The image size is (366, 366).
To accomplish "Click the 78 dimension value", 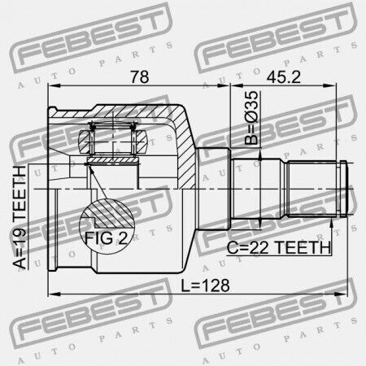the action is pos(140,76).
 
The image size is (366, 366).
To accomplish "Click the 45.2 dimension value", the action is pos(283,76).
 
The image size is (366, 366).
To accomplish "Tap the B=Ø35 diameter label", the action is pos(251,118).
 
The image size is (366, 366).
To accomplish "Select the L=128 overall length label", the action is pos(205,285).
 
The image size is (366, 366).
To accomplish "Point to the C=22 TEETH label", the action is pos(279,247).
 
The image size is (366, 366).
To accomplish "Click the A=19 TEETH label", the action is pos(20,217).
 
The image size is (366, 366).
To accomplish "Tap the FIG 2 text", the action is pos(106,238).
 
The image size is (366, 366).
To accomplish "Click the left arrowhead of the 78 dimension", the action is pos(54,86).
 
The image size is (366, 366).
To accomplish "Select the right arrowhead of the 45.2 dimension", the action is pos(330,86).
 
